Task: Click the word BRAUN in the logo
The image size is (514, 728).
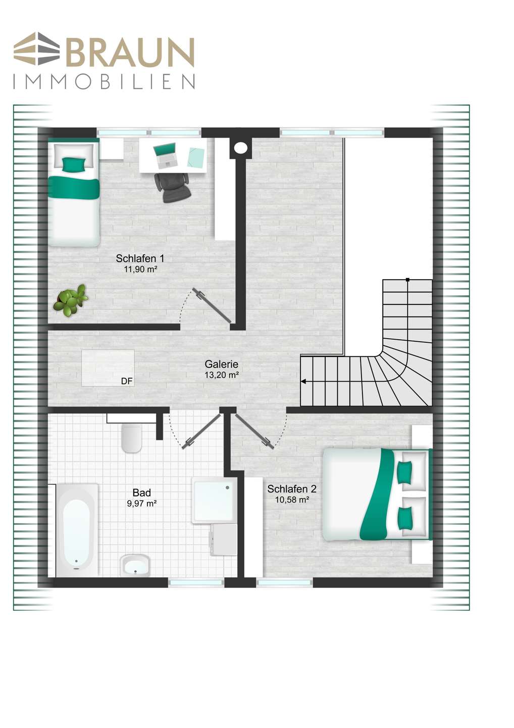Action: (130, 53)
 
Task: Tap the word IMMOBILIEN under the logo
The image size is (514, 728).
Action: (104, 82)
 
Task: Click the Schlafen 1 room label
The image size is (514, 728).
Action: (140, 259)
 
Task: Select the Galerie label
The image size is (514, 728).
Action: (222, 365)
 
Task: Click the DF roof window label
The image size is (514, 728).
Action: (127, 382)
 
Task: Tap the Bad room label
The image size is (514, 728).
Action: (142, 493)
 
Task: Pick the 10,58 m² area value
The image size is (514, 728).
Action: (292, 499)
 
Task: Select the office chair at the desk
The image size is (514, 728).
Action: (172, 188)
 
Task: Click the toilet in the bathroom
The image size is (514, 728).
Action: (132, 438)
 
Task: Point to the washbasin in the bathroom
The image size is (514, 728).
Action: (135, 565)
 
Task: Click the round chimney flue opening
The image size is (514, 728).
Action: (240, 148)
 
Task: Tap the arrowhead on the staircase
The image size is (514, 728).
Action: (304, 382)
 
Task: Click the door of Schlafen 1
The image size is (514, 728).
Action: (212, 305)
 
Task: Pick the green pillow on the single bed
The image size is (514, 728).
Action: (74, 164)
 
